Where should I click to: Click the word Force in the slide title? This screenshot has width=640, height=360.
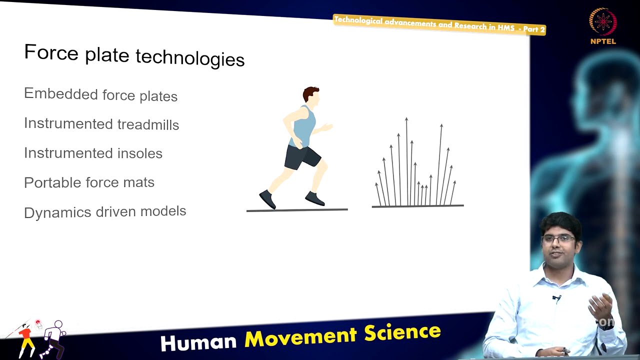tap(51, 52)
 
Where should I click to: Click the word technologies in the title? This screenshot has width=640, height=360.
tap(190, 58)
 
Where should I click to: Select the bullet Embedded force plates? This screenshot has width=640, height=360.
tap(100, 94)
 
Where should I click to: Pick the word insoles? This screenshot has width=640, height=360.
tap(139, 153)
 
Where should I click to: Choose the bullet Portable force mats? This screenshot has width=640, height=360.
tap(89, 182)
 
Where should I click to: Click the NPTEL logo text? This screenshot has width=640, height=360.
tap(603, 41)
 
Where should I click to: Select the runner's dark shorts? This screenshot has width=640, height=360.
tap(301, 157)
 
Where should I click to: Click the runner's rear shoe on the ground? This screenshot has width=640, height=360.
tap(267, 199)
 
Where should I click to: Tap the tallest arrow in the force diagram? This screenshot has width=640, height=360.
tap(406, 160)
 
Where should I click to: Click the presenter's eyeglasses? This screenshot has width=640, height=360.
tap(558, 238)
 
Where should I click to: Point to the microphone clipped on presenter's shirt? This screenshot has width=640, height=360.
tap(556, 298)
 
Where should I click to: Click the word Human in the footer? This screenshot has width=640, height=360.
tap(198, 342)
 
